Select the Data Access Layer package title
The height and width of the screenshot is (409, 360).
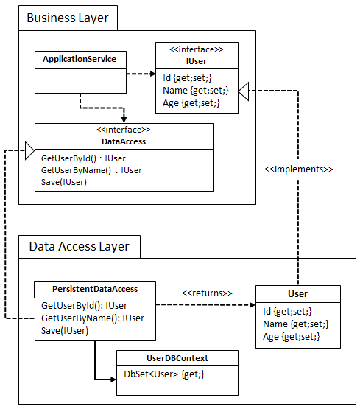pyautogui.click(x=79, y=246)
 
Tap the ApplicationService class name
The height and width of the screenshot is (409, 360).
pyautogui.click(x=80, y=59)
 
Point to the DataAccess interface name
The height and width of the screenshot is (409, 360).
pyautogui.click(x=124, y=141)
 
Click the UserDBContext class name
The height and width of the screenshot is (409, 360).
pyautogui.click(x=177, y=358)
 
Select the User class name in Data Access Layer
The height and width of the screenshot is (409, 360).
pyautogui.click(x=298, y=293)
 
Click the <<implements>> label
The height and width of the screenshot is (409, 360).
pyautogui.click(x=298, y=169)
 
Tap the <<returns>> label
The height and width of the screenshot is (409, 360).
pyautogui.click(x=207, y=293)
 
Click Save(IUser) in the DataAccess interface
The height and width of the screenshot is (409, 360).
pyautogui.click(x=64, y=182)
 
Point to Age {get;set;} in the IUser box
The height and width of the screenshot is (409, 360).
pyautogui.click(x=191, y=103)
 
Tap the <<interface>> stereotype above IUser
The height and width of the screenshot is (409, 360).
pyautogui.click(x=197, y=49)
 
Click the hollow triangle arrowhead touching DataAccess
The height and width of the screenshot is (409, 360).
pyautogui.click(x=29, y=152)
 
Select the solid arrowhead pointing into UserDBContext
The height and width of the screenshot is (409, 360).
pyautogui.click(x=113, y=380)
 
